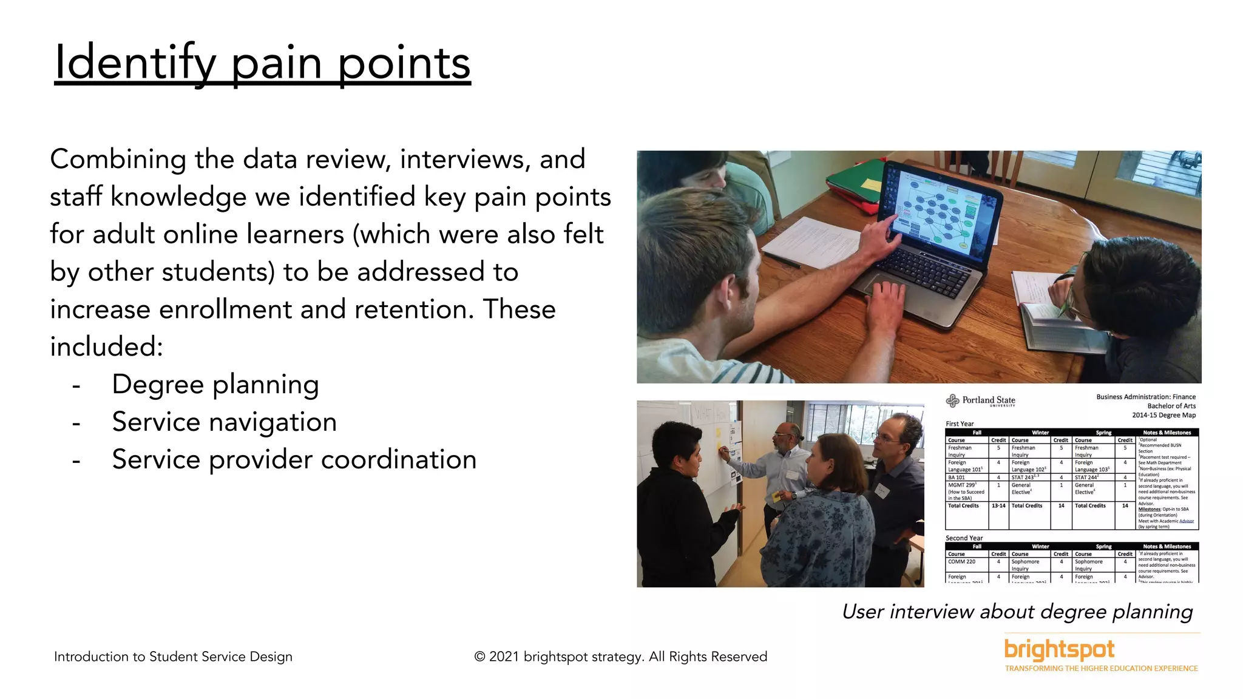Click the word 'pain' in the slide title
pos(276,64)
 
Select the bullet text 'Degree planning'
pos(215,385)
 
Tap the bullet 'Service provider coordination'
pos(294,459)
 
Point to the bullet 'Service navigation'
pos(224,422)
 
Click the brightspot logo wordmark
pos(1059,649)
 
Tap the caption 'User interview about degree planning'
pos(1017,612)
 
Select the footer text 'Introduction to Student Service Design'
pos(173,657)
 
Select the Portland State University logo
pos(980,400)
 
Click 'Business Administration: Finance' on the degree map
pos(1145,397)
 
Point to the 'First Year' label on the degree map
pos(959,424)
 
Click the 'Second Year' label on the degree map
pos(964,538)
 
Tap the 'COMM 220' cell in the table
pos(962,562)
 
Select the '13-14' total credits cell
pos(998,505)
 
